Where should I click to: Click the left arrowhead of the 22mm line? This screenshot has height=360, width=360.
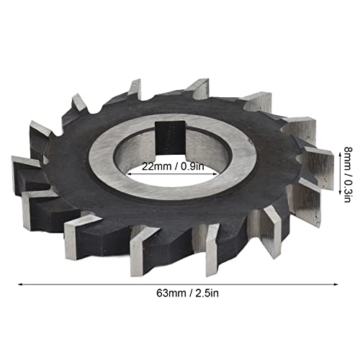point(130,172)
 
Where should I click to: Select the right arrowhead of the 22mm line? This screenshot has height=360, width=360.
point(232,172)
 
